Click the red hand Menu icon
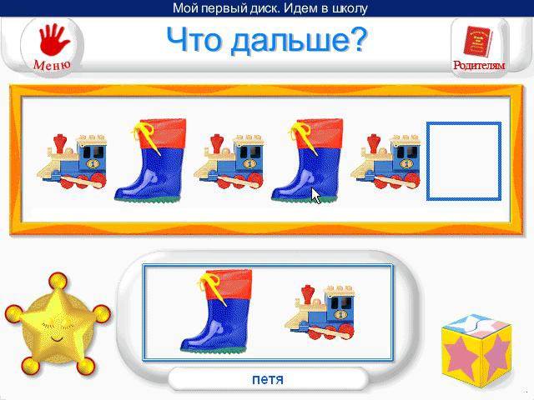(x=53, y=40)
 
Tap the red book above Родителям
(x=477, y=42)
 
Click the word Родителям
(x=479, y=65)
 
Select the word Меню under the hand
(x=52, y=65)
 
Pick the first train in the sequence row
(x=73, y=161)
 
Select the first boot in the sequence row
(x=150, y=160)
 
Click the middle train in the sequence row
(x=229, y=161)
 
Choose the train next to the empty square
(x=385, y=161)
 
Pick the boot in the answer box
(x=217, y=310)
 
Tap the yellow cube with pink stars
(x=476, y=351)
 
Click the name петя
(x=268, y=379)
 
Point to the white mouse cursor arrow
(x=315, y=196)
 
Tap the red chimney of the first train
(x=60, y=143)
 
